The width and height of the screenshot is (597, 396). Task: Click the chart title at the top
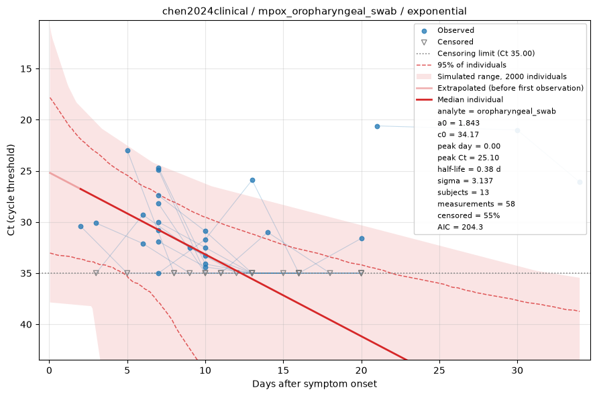(x=314, y=11)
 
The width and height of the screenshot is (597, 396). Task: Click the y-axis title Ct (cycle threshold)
(x=11, y=190)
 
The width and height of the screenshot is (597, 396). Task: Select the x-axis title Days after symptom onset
(x=315, y=384)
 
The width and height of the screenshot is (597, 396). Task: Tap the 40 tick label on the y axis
(x=27, y=325)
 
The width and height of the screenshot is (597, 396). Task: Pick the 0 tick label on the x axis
(x=49, y=370)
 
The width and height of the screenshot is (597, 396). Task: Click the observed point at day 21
(x=377, y=127)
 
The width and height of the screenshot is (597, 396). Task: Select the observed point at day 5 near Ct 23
(x=127, y=151)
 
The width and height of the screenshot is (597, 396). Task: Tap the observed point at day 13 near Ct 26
(x=252, y=181)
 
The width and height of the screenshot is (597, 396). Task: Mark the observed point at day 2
(x=80, y=227)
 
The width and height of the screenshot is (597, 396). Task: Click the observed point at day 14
(x=268, y=233)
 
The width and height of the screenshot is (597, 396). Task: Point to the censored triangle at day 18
(x=330, y=273)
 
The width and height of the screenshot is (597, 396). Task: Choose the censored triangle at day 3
(x=96, y=273)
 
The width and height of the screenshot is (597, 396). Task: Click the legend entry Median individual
(x=470, y=100)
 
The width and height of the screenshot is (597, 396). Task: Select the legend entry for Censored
(x=455, y=42)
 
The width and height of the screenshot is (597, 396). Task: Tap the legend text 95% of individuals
(x=472, y=65)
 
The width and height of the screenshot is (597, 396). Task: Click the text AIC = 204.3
(x=460, y=227)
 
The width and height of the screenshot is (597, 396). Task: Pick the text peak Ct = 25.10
(x=468, y=158)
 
